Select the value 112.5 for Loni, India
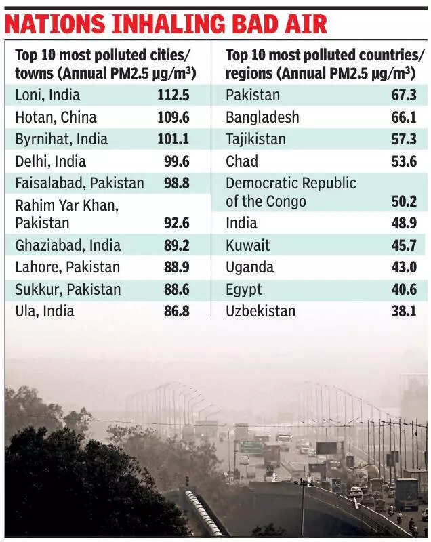point(173,96)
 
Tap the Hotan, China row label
point(56,118)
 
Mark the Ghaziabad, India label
point(68,245)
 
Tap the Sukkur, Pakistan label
point(68,289)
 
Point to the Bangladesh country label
point(262,118)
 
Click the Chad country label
point(242,162)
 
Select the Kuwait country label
point(247,245)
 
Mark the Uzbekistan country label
point(260,312)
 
